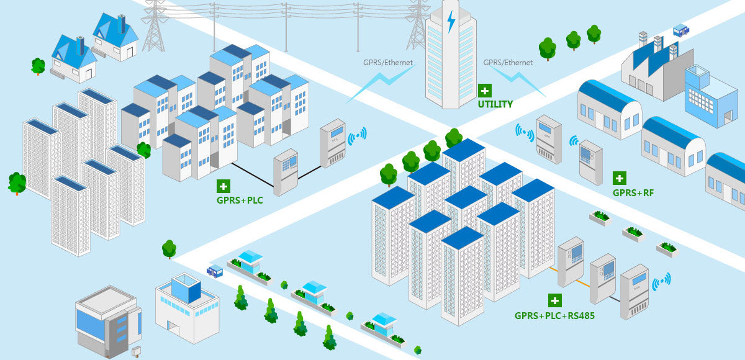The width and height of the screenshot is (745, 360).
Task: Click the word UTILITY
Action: (x=495, y=104)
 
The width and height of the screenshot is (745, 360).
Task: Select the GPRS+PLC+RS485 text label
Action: (x=554, y=315)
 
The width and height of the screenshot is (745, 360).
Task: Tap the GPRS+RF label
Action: (x=633, y=193)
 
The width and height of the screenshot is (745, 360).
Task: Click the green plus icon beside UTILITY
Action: (x=484, y=89)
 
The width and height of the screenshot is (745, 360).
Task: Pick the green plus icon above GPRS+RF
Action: (x=620, y=178)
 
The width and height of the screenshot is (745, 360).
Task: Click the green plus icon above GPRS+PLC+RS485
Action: (x=554, y=300)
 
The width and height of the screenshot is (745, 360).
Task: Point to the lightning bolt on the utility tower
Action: (x=451, y=22)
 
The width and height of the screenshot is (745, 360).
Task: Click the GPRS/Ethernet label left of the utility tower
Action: (x=387, y=63)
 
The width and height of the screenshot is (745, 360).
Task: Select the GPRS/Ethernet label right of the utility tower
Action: (x=508, y=63)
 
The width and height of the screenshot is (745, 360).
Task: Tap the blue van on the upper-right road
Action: (x=681, y=29)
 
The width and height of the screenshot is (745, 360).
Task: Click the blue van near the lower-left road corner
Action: (x=215, y=271)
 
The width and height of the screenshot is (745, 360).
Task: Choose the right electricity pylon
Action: (x=418, y=25)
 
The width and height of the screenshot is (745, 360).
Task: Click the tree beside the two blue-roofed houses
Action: (x=38, y=65)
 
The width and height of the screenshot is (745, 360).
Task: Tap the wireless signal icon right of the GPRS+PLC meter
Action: (x=357, y=135)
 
